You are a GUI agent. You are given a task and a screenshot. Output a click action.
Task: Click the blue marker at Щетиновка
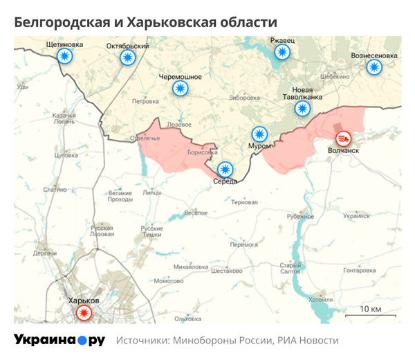(x=64, y=57)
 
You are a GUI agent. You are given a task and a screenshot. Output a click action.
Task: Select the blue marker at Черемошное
(x=180, y=89)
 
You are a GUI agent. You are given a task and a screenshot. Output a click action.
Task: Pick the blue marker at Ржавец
(x=282, y=53)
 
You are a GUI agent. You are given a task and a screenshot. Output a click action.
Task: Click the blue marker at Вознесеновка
(x=374, y=67)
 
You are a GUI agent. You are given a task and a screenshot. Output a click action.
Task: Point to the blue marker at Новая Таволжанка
(x=302, y=108)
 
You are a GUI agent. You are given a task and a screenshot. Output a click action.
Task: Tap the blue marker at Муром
(x=259, y=133)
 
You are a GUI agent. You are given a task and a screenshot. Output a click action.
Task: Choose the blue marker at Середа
(x=225, y=168)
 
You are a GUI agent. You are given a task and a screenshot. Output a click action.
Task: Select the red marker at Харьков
(x=84, y=314)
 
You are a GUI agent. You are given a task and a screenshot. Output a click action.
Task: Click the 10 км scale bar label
(x=371, y=308)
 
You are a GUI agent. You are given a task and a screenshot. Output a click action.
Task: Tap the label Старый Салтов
(x=289, y=268)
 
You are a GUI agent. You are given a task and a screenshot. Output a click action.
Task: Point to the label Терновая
(x=244, y=202)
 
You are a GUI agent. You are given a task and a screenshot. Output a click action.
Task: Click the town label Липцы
(x=151, y=194)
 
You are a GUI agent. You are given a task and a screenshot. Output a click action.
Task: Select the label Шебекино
(x=335, y=76)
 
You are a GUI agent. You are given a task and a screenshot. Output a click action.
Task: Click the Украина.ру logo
(x=59, y=340)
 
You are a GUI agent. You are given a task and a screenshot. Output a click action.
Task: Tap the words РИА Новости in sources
(x=308, y=341)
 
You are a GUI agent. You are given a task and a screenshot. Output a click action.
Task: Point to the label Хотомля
(x=320, y=300)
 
